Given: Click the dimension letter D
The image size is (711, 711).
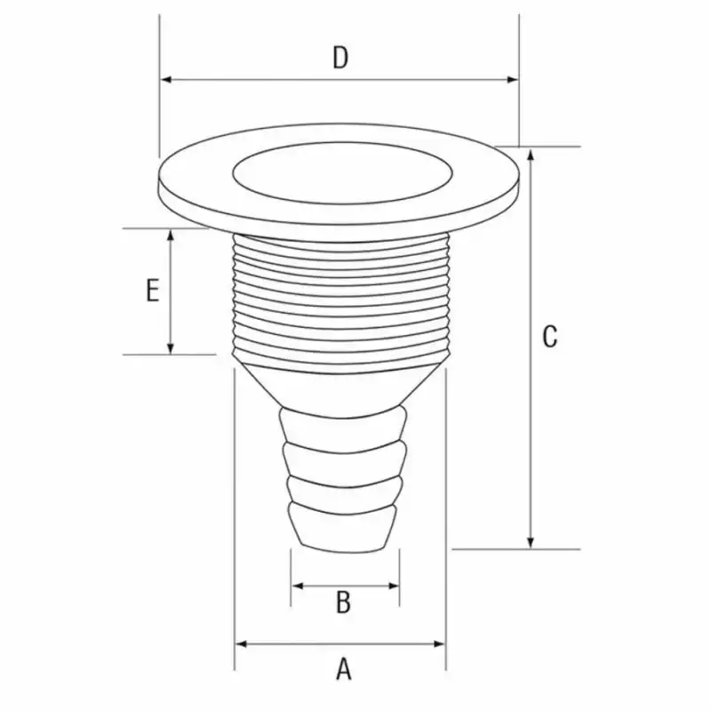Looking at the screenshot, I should (340, 58).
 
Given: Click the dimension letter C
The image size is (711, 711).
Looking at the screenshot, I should (550, 337).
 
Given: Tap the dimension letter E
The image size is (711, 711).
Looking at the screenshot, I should (152, 291).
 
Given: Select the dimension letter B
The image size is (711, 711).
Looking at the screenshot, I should (343, 603).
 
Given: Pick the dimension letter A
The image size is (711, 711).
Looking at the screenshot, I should (343, 667).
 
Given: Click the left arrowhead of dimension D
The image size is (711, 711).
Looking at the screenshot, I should (165, 80).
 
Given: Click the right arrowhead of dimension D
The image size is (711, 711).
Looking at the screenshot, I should (513, 80).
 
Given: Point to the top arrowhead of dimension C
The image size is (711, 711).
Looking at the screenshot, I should (531, 154).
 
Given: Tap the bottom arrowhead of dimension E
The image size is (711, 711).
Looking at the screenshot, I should (171, 348).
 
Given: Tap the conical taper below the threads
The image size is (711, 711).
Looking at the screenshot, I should (341, 384).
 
